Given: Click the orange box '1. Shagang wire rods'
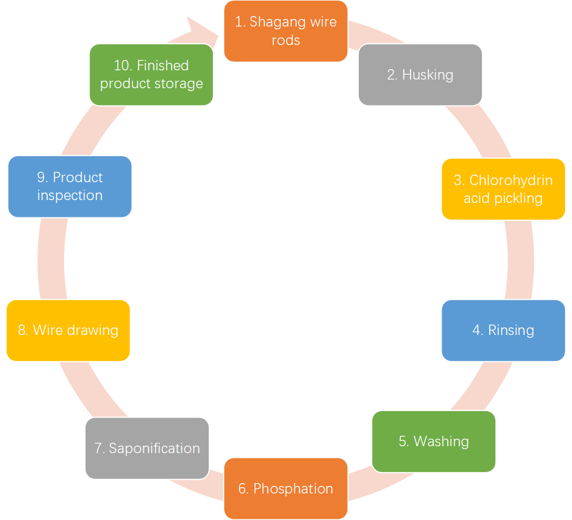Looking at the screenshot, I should (285, 31).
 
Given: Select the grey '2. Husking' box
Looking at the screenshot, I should (420, 75).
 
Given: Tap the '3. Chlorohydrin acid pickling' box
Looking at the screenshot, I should (503, 189).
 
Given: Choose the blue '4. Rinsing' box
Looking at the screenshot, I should (503, 330).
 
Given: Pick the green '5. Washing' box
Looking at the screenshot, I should (434, 442).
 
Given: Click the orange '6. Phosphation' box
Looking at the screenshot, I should (285, 489).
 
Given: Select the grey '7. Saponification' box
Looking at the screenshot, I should (147, 449).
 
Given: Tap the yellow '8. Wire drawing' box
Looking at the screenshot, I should (68, 330).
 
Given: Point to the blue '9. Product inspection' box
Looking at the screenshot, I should (70, 186).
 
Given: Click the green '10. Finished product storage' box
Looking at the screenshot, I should (151, 75).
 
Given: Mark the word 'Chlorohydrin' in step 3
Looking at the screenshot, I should (511, 180).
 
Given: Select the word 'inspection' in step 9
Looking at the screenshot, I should (70, 195).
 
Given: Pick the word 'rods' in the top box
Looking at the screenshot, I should (286, 40).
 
